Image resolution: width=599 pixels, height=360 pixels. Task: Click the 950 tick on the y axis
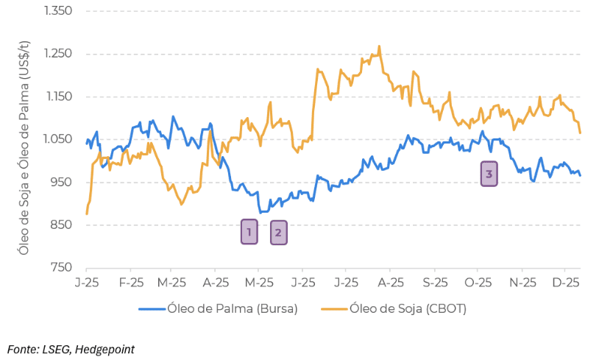(61, 182)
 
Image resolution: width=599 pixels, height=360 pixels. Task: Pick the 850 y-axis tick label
(61, 225)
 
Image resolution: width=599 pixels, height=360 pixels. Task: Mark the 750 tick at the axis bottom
(61, 267)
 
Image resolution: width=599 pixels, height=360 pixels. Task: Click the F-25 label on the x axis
(130, 282)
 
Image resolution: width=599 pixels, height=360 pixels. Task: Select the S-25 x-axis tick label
(435, 282)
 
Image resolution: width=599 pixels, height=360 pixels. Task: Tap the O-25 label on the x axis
(478, 282)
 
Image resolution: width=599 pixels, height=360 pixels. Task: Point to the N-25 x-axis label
(522, 282)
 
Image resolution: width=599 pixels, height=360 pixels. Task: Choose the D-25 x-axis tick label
(564, 282)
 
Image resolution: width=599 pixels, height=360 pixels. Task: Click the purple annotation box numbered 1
(249, 232)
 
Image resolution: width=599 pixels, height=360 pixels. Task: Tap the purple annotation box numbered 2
(278, 233)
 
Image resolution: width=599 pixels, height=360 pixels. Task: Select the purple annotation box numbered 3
(489, 174)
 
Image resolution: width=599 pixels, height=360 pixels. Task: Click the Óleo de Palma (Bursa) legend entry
(219, 309)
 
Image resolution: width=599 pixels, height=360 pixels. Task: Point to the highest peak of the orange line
(379, 46)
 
